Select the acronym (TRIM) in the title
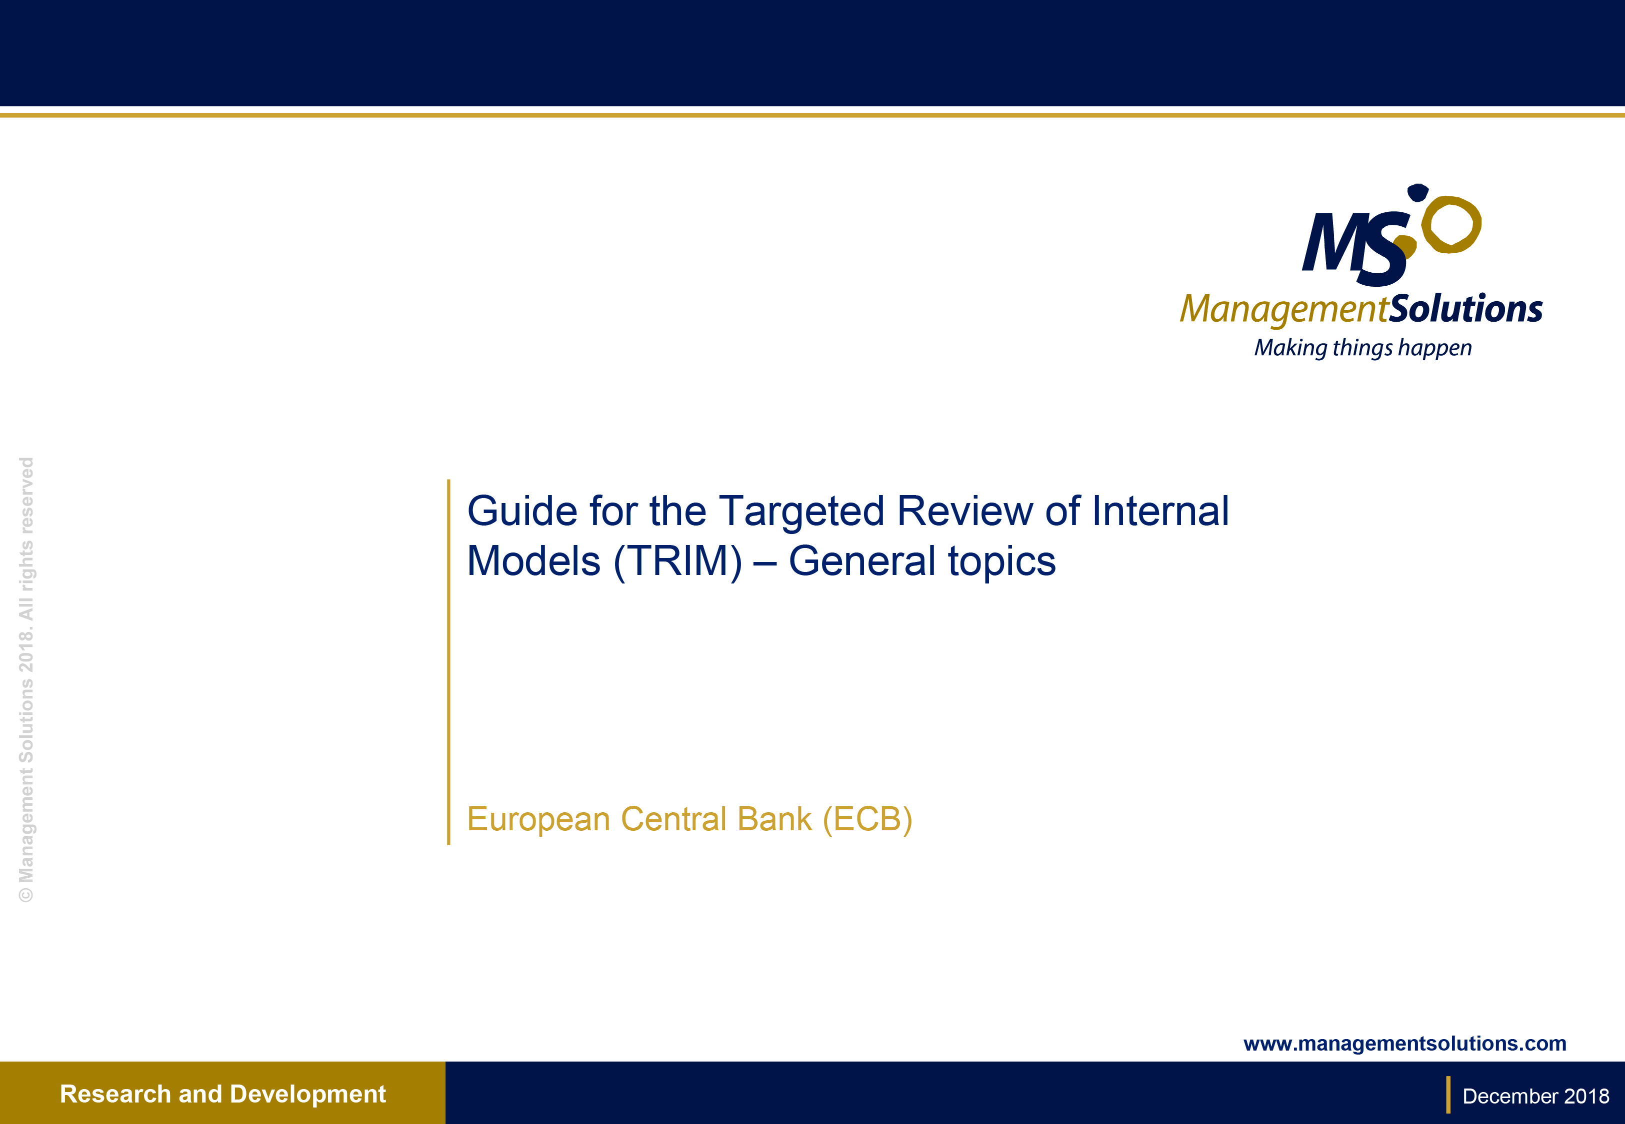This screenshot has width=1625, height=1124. click(x=678, y=562)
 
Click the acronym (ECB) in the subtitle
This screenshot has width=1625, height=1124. click(x=867, y=819)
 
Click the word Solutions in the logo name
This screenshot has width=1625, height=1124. click(x=1465, y=309)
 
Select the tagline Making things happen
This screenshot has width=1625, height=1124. click(x=1362, y=348)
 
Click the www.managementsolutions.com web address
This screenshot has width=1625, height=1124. click(x=1404, y=1043)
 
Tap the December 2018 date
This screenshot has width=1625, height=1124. click(x=1535, y=1097)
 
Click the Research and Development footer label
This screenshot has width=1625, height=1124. click(x=222, y=1094)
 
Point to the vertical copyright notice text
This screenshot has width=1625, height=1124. click(x=26, y=679)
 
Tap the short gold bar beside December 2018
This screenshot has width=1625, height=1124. click(x=1448, y=1095)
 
